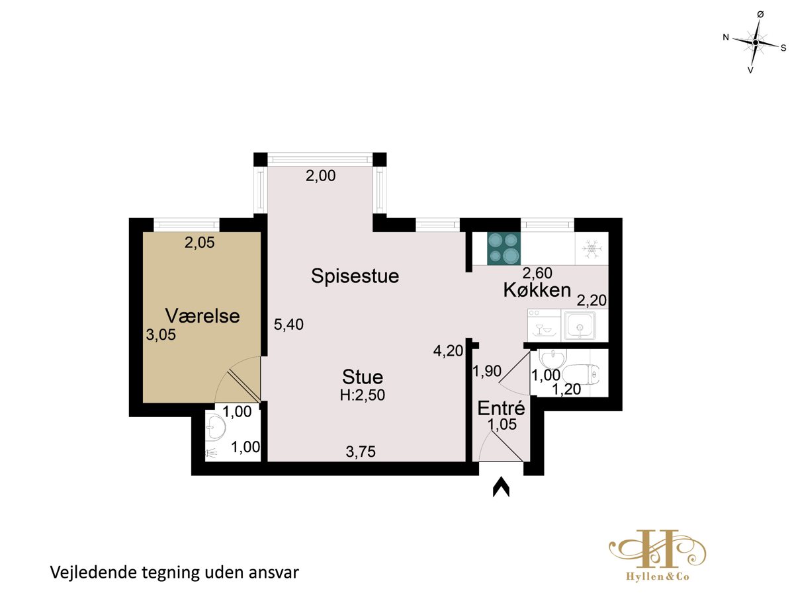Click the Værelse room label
click(x=202, y=316)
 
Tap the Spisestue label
click(x=355, y=276)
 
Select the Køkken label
click(x=537, y=290)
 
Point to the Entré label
click(x=501, y=408)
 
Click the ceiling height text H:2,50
click(x=362, y=395)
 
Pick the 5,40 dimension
click(x=288, y=325)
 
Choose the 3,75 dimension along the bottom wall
click(x=361, y=452)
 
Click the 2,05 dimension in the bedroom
click(x=199, y=242)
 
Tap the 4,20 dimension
click(x=448, y=350)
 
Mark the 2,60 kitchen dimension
click(x=537, y=273)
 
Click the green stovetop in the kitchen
click(x=504, y=249)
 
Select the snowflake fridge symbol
click(x=591, y=249)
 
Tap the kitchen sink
click(x=580, y=325)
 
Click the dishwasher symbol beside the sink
click(x=544, y=325)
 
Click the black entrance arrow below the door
click(x=501, y=487)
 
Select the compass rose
click(x=756, y=42)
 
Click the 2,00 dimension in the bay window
click(x=320, y=176)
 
